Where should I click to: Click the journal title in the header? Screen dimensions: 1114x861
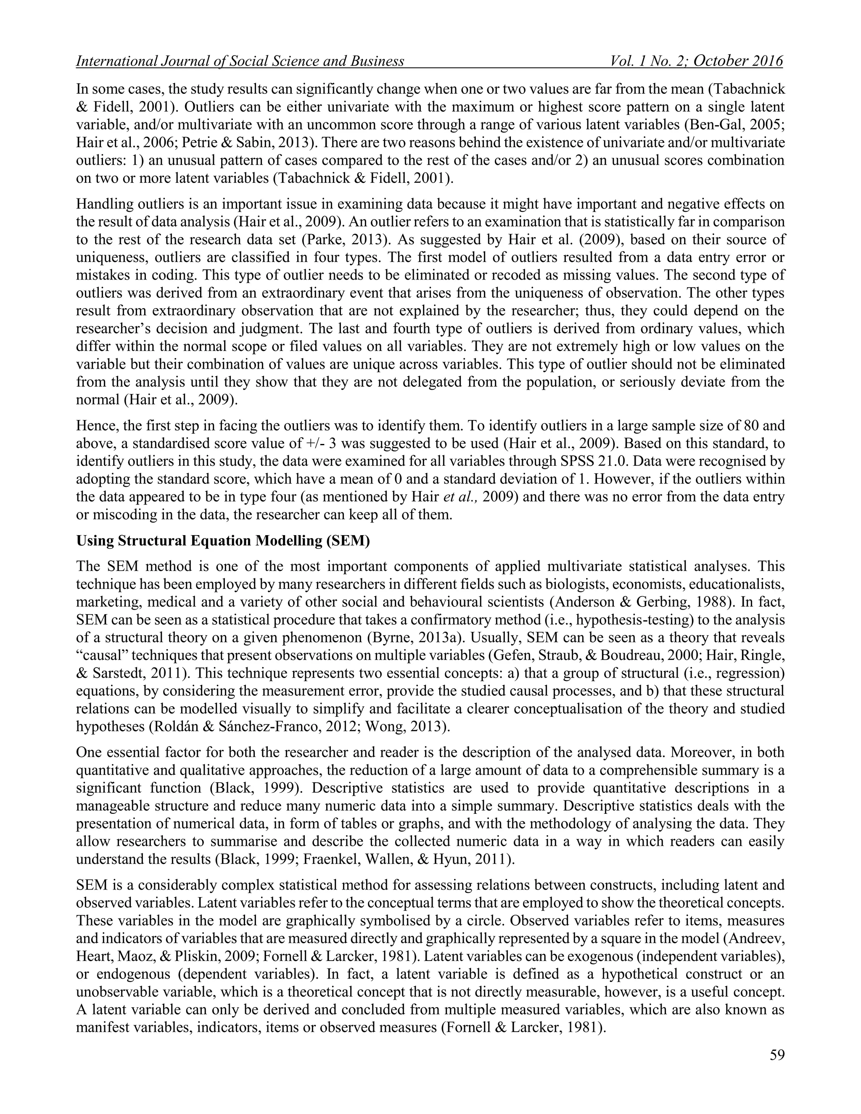(240, 62)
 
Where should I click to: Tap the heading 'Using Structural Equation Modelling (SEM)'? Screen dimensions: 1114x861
(223, 541)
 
